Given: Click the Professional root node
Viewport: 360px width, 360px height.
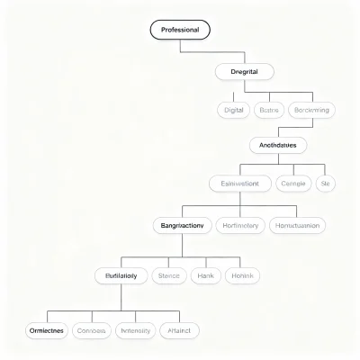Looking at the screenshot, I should pyautogui.click(x=180, y=30).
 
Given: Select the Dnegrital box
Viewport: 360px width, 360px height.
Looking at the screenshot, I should pyautogui.click(x=245, y=71).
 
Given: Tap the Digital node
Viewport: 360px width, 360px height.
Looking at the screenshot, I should pyautogui.click(x=233, y=110).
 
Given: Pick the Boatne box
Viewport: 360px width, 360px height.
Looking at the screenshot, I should pyautogui.click(x=269, y=110).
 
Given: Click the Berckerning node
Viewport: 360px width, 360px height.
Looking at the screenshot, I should pyautogui.click(x=311, y=110).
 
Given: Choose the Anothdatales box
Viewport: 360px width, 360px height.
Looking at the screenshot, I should pyautogui.click(x=277, y=144).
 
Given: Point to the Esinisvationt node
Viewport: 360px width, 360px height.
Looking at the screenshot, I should pyautogui.click(x=239, y=184).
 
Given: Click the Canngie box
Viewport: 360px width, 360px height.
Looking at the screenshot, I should pyautogui.click(x=293, y=184).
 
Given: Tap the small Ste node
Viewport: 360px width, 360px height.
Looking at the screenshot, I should pyautogui.click(x=326, y=184).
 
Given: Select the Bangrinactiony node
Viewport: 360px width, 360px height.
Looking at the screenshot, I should pyautogui.click(x=182, y=225).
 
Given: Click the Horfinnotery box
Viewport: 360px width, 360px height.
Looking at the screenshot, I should pyautogui.click(x=240, y=225).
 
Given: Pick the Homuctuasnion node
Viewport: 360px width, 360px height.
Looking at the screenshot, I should pyautogui.click(x=298, y=225).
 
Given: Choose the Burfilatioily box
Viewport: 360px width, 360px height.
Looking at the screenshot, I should pyautogui.click(x=121, y=275).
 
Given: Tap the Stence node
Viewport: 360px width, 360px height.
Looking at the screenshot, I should pyautogui.click(x=168, y=275).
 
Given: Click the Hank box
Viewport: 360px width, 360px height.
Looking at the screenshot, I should pyautogui.click(x=206, y=275).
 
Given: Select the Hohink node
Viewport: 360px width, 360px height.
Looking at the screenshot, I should pyautogui.click(x=242, y=275).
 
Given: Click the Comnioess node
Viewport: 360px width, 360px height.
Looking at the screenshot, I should pyautogui.click(x=92, y=330).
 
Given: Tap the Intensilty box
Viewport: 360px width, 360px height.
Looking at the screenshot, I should pyautogui.click(x=135, y=330).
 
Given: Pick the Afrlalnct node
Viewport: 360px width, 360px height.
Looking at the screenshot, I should pyautogui.click(x=179, y=330).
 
